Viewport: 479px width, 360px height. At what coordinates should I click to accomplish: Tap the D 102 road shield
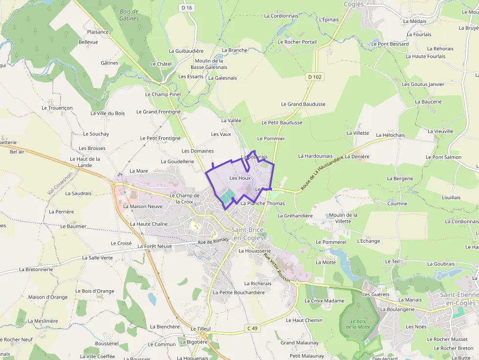click(315, 77)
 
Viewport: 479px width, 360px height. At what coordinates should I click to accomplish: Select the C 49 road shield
click(252, 328)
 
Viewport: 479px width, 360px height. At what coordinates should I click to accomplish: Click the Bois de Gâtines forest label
click(129, 15)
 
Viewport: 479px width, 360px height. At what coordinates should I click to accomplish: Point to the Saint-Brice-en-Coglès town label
click(248, 233)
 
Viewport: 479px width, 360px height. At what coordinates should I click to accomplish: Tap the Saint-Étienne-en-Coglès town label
click(457, 298)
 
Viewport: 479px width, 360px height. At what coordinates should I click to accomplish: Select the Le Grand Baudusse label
click(303, 104)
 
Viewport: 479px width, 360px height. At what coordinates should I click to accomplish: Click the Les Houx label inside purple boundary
click(240, 178)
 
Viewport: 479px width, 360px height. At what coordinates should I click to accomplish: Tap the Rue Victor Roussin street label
click(276, 268)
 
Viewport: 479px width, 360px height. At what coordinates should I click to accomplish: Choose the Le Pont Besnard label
click(390, 44)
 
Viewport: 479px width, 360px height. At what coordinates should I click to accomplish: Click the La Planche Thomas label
click(262, 204)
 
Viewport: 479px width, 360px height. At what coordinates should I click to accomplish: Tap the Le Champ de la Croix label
click(184, 198)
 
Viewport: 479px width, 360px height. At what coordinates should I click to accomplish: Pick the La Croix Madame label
click(324, 301)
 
